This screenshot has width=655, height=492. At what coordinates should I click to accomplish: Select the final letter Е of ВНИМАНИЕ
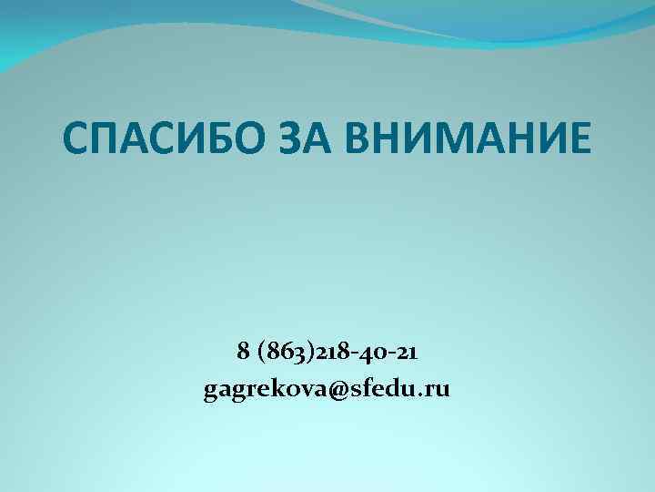(x=577, y=141)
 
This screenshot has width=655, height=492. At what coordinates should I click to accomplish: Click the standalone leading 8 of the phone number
(x=242, y=350)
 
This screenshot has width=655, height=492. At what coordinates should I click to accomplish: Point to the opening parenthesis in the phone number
(x=263, y=350)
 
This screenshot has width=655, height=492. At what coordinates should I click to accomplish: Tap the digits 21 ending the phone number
(x=408, y=350)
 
